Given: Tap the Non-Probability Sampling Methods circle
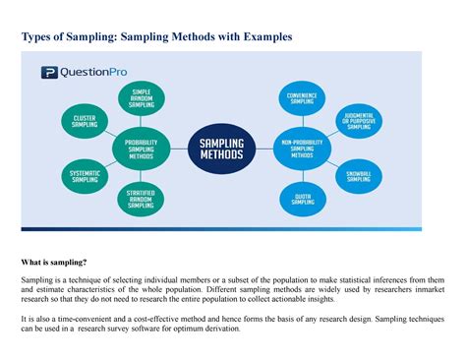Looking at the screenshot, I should (x=302, y=148).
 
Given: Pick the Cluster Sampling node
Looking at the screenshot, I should (x=85, y=121).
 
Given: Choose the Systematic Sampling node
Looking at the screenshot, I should (x=85, y=177).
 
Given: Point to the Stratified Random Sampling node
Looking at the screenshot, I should (x=141, y=202).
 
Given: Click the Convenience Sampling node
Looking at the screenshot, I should (x=302, y=99).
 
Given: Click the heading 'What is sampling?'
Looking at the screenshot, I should (x=54, y=263).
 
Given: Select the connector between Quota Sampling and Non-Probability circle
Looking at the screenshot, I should (x=302, y=175).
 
